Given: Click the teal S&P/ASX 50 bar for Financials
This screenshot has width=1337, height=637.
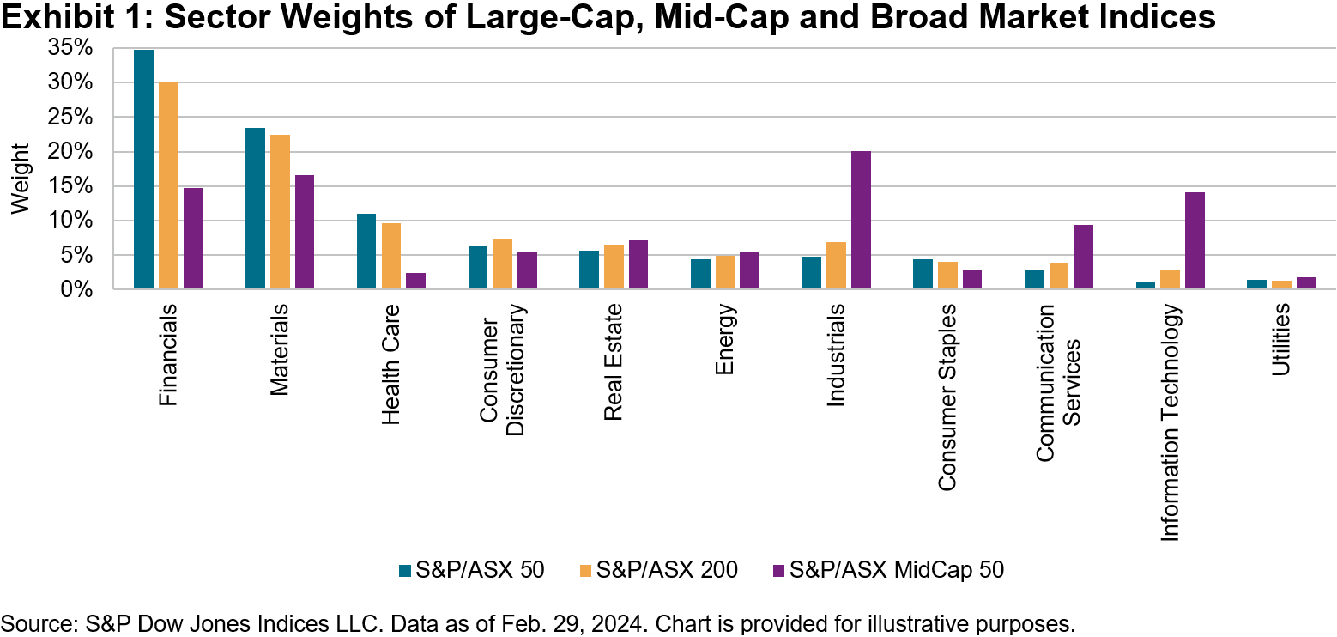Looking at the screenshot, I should pyautogui.click(x=143, y=170).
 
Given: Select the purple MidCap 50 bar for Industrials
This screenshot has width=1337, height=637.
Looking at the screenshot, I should pyautogui.click(x=861, y=221).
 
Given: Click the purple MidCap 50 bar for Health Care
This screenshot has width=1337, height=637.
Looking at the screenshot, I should pyautogui.click(x=415, y=282).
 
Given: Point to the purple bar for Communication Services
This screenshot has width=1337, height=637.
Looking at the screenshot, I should pyautogui.click(x=1083, y=258).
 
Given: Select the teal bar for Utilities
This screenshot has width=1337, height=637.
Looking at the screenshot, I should pyautogui.click(x=1256, y=285).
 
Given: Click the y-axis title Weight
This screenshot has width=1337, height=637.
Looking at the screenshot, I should pyautogui.click(x=21, y=179).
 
